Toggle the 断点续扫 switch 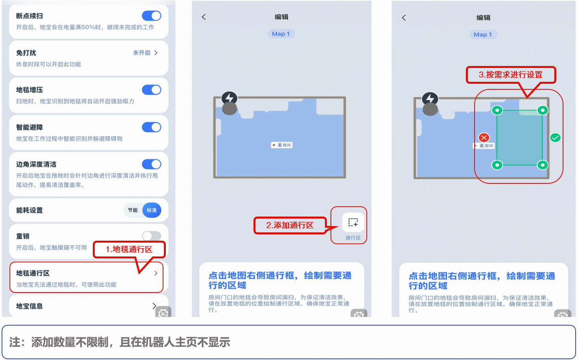click(152, 16)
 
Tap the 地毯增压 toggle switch click(152, 90)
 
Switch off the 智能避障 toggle click(152, 127)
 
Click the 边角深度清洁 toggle click(152, 164)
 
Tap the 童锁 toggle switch click(152, 236)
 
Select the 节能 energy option click(133, 210)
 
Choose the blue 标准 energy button click(152, 210)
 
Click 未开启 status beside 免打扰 click(141, 53)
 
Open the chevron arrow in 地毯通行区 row click(156, 273)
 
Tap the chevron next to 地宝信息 click(154, 306)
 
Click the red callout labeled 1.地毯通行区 click(129, 249)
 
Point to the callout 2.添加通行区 click(290, 225)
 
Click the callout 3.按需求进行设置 click(510, 75)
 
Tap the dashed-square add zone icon click(353, 222)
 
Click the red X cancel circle click(484, 138)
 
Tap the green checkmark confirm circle click(555, 138)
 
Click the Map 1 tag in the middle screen click(281, 34)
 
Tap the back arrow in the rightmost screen click(404, 17)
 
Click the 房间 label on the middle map click(282, 145)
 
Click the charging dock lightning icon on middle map click(229, 98)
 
